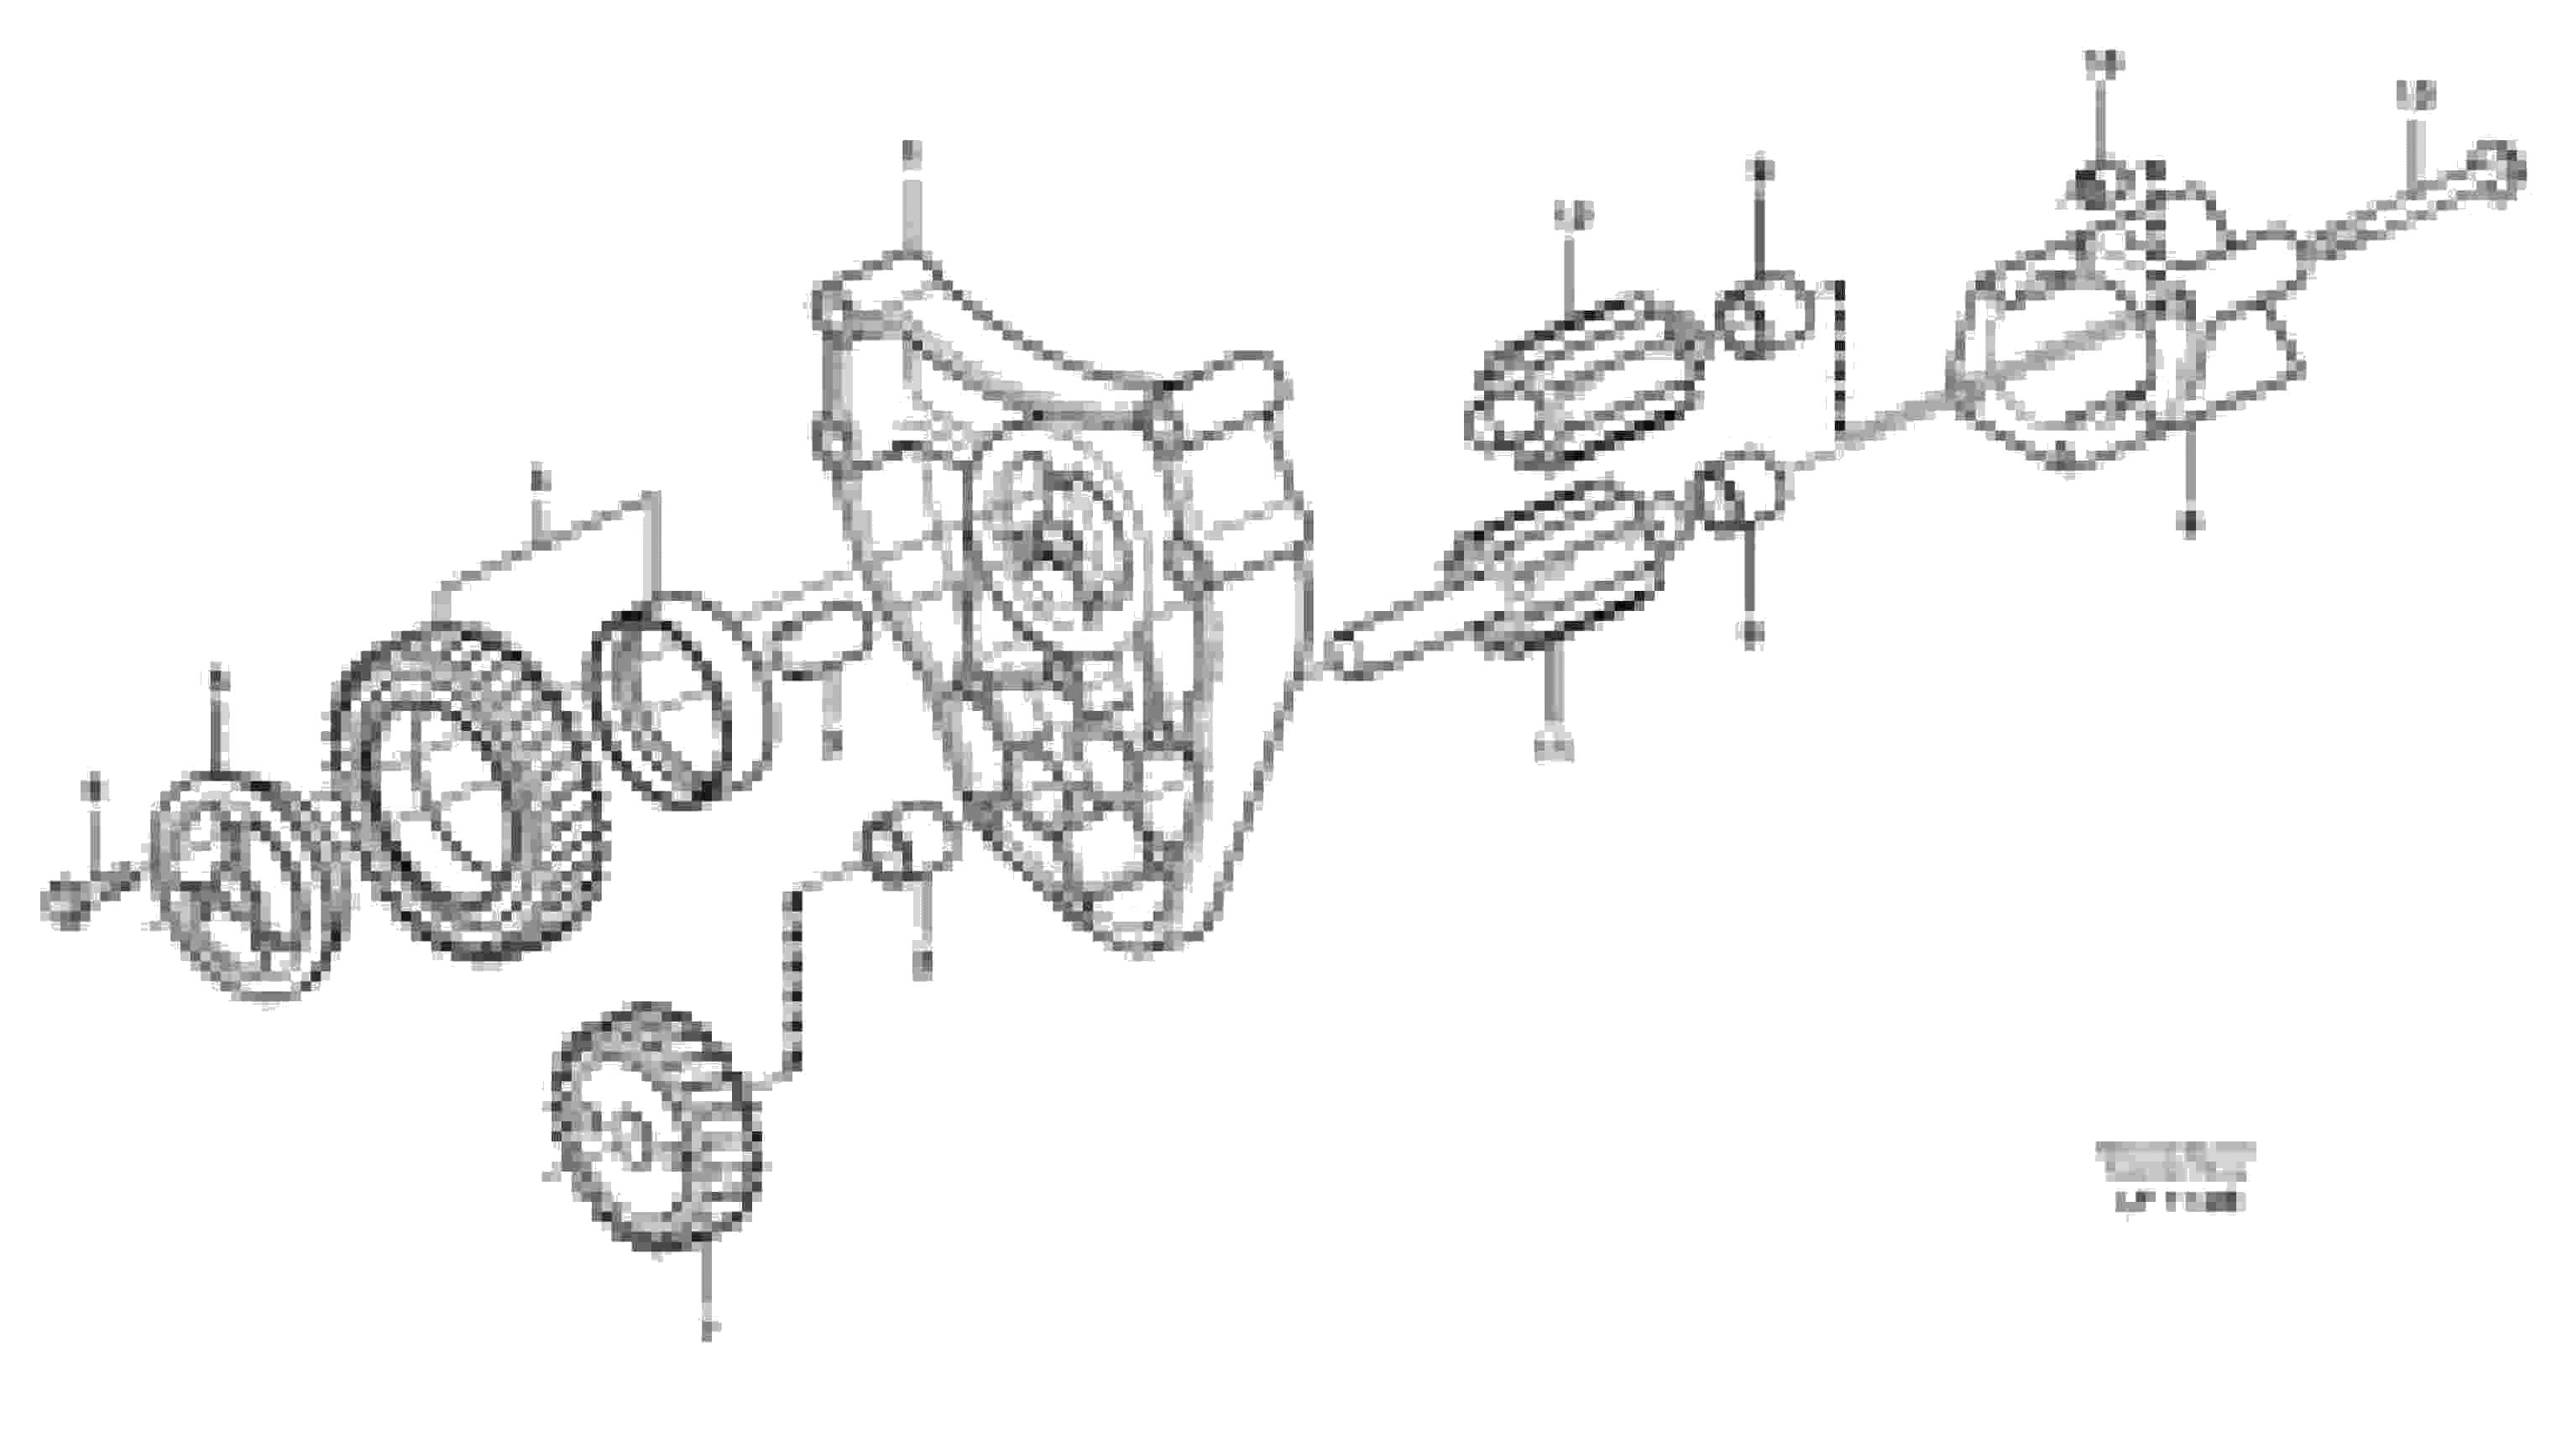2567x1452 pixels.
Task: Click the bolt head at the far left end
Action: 64,903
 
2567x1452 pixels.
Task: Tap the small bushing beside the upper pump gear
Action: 1761,315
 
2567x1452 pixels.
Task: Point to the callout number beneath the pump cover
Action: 2189,520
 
